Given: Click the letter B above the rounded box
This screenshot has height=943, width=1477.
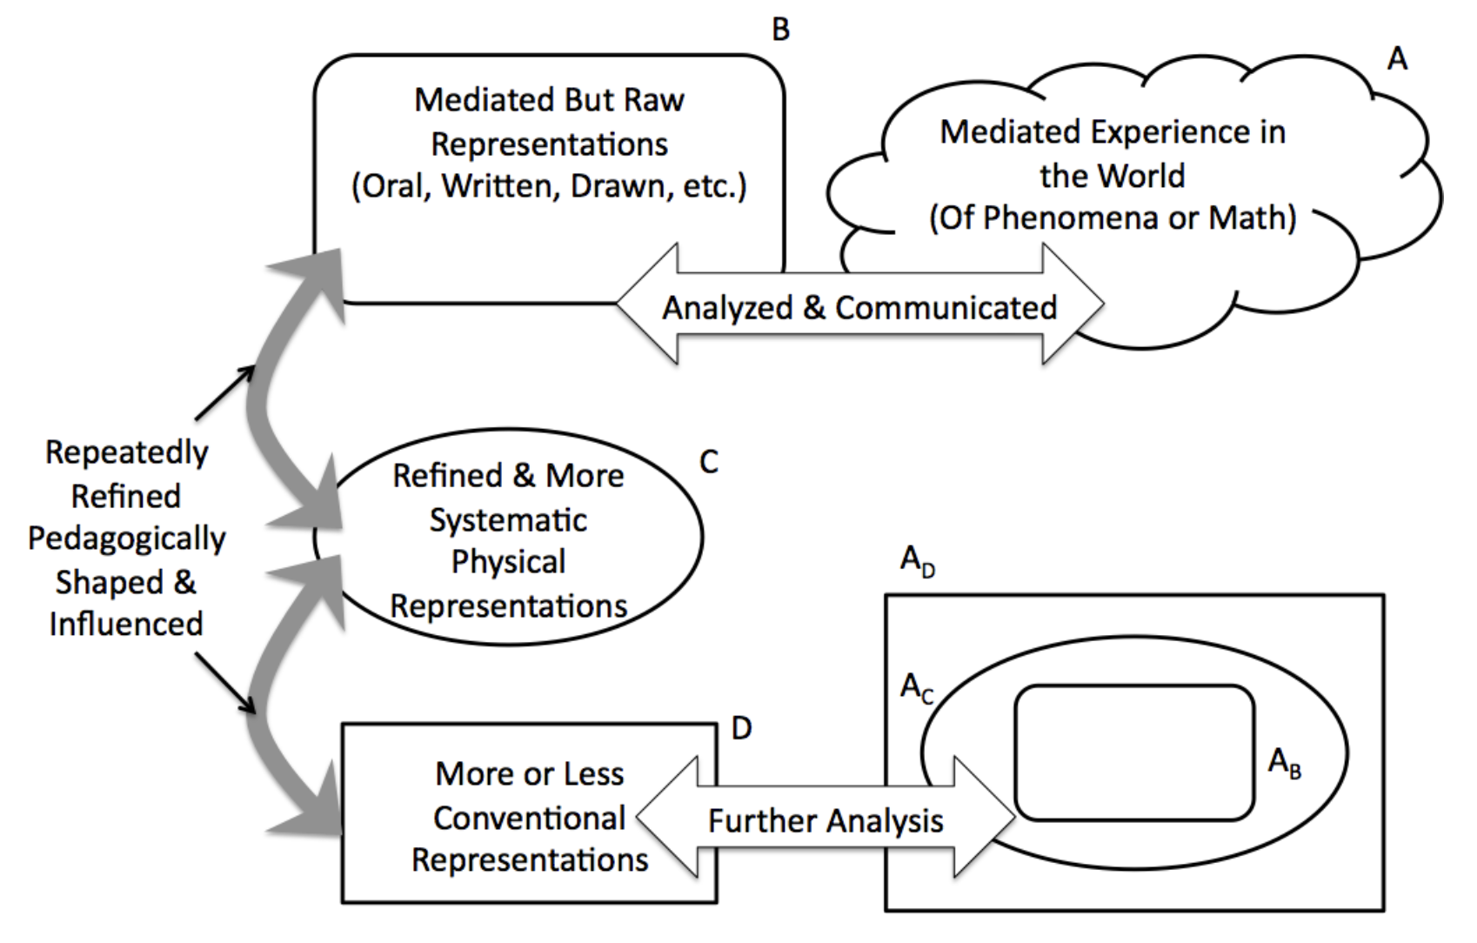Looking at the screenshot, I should (x=781, y=30).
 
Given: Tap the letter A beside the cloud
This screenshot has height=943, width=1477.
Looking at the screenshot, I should (x=1397, y=59).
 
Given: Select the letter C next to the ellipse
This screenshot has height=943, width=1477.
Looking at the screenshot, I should (x=709, y=462).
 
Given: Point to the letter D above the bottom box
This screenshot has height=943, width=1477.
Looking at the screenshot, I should (x=741, y=728).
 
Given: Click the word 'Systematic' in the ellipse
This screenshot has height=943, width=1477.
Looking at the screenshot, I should (x=508, y=520).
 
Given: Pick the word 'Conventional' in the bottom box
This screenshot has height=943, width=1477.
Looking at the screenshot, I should (x=529, y=818).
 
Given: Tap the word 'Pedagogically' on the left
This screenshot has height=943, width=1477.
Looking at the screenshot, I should (x=127, y=539).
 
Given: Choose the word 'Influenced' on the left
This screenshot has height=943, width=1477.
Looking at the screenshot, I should (x=126, y=624).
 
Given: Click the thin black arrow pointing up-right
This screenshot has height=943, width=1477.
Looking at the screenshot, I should (x=224, y=393).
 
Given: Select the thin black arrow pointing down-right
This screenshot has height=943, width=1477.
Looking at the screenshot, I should (x=224, y=684).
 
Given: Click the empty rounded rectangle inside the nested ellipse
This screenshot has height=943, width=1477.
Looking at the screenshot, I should (x=1133, y=753).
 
